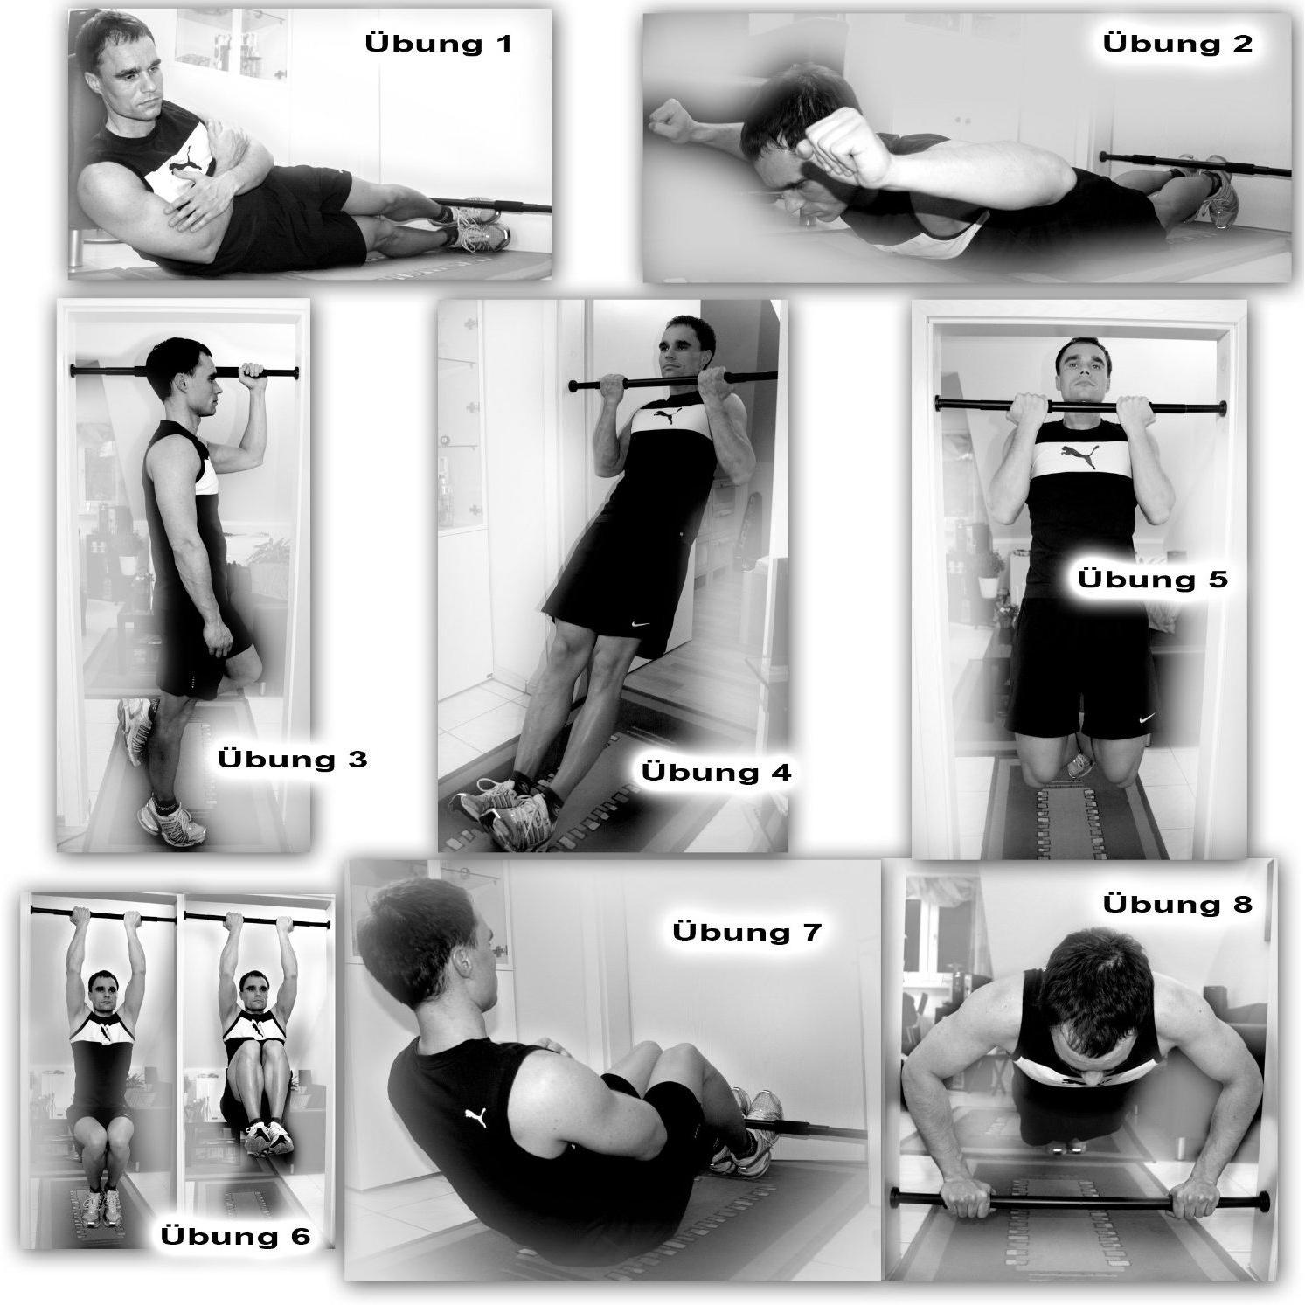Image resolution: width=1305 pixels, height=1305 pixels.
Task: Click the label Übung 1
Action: [x=438, y=43]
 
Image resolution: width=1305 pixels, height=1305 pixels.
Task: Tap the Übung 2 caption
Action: [x=1177, y=42]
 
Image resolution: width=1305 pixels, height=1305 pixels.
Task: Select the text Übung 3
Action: [x=293, y=758]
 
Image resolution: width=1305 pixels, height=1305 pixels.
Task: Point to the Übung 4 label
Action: [x=716, y=772]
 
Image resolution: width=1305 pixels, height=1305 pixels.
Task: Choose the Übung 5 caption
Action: [x=1152, y=579]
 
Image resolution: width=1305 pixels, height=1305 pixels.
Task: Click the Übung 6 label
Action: [x=236, y=1236]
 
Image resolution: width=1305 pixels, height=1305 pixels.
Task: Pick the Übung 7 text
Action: [x=747, y=931]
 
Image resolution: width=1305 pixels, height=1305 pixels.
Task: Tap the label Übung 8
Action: [x=1177, y=903]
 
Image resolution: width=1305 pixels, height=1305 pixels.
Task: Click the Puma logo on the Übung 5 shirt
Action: [x=1079, y=453]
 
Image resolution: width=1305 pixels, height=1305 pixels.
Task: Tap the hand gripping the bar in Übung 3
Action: [x=253, y=377]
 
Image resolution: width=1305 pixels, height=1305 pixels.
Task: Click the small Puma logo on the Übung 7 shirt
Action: [x=476, y=1118]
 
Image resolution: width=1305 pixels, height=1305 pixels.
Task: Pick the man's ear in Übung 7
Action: [x=463, y=962]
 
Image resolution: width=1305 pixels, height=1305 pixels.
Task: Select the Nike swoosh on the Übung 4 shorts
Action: [x=641, y=626]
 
